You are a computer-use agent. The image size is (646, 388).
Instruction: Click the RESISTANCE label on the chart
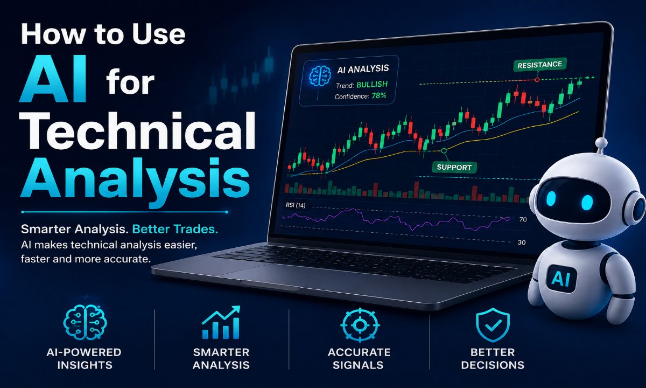tap(539, 65)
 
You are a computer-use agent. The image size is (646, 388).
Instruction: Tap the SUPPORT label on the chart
tap(454, 167)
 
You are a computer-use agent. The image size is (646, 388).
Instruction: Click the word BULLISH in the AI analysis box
tap(372, 85)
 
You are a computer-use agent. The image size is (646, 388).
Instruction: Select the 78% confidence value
tap(379, 95)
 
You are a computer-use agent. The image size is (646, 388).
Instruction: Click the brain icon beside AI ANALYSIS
tap(320, 76)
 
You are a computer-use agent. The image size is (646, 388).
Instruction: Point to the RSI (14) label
tap(296, 205)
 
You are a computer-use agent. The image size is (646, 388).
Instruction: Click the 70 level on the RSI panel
tap(523, 220)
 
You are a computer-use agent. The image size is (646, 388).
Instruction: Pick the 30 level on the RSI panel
tap(522, 242)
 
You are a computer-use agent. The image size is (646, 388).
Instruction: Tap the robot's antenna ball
tap(601, 143)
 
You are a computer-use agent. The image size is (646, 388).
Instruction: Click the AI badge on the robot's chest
tap(561, 278)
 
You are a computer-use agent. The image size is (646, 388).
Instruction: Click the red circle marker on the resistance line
tap(537, 79)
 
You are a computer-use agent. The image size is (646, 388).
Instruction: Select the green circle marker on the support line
tap(444, 151)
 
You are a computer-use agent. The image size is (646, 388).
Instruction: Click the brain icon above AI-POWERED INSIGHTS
tap(85, 322)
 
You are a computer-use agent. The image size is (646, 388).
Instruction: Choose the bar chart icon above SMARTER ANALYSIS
tap(221, 322)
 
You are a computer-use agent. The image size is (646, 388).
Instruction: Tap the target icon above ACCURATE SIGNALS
tap(360, 325)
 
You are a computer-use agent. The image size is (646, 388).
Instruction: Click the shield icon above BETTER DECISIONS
tap(493, 325)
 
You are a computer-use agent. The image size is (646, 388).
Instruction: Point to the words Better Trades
tap(175, 229)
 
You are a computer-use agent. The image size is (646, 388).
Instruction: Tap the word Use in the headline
tap(158, 34)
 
